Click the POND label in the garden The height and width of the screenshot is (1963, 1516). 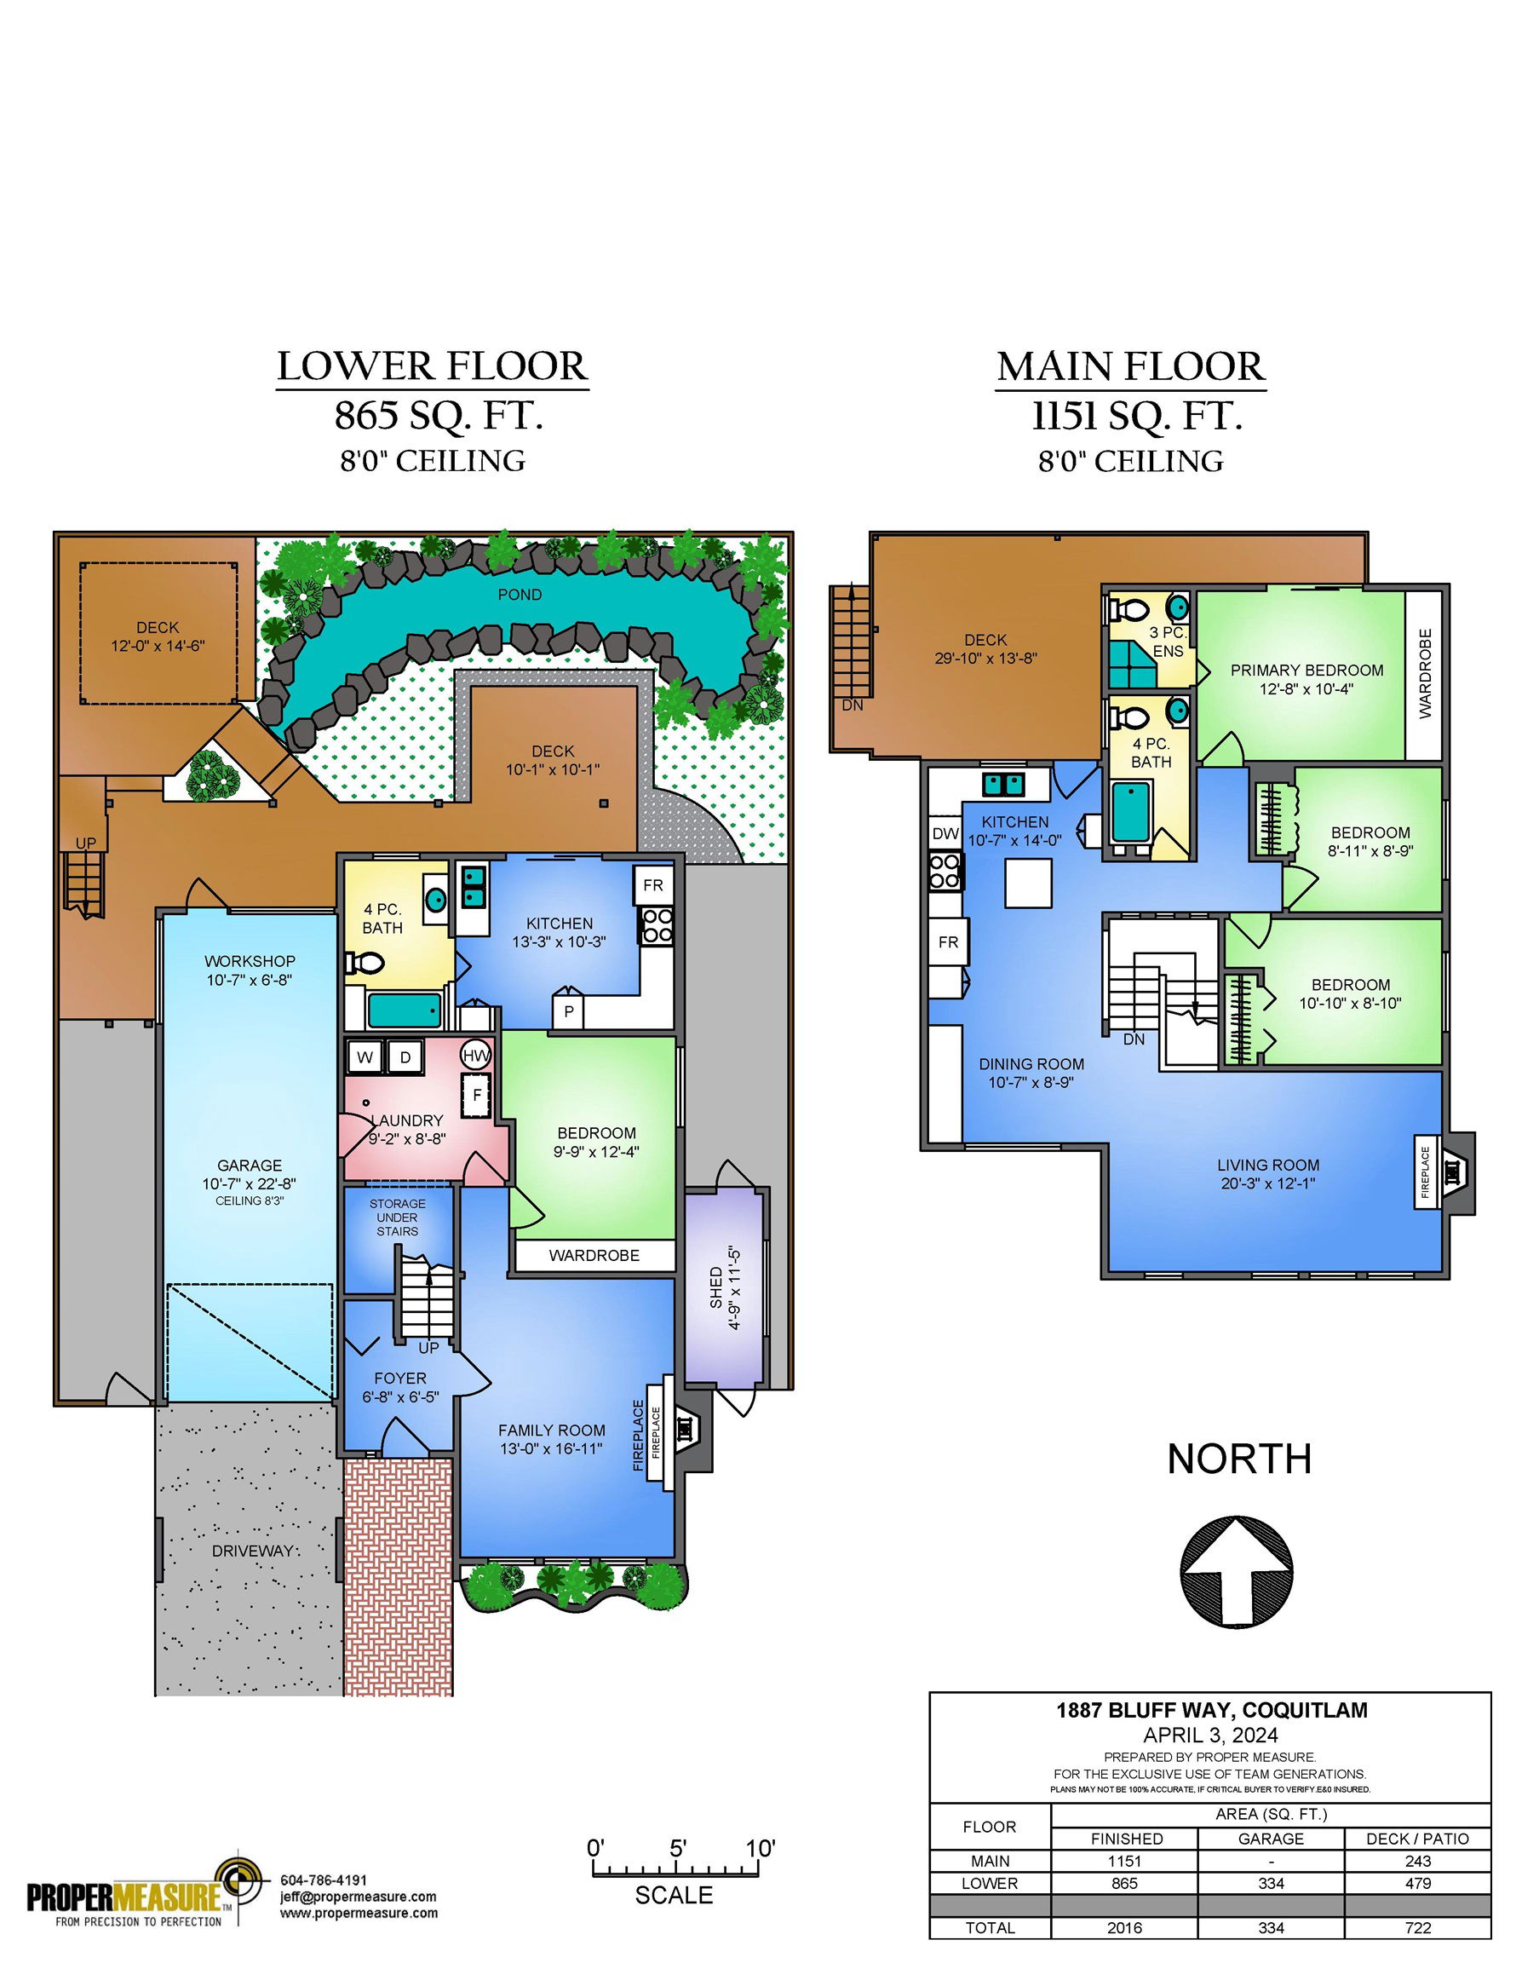click(520, 594)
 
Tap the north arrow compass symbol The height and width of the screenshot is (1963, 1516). click(1236, 1572)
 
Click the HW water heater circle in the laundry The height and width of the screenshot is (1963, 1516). click(476, 1056)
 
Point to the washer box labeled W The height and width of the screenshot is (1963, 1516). click(365, 1057)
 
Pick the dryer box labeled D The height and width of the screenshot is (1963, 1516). click(405, 1057)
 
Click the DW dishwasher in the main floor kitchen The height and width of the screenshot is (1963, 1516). click(945, 833)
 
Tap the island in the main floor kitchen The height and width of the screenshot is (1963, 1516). click(1028, 883)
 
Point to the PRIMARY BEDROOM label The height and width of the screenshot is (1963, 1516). click(1306, 670)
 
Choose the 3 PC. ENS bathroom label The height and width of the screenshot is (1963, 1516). click(1169, 641)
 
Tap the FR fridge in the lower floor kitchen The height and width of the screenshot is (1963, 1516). click(652, 885)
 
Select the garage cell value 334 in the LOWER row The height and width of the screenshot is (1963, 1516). click(1271, 1883)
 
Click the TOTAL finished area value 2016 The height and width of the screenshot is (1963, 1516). click(1124, 1928)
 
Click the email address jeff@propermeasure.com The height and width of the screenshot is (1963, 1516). click(359, 1897)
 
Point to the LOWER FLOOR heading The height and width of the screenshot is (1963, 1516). click(433, 366)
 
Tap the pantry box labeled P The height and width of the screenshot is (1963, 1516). click(569, 1011)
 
